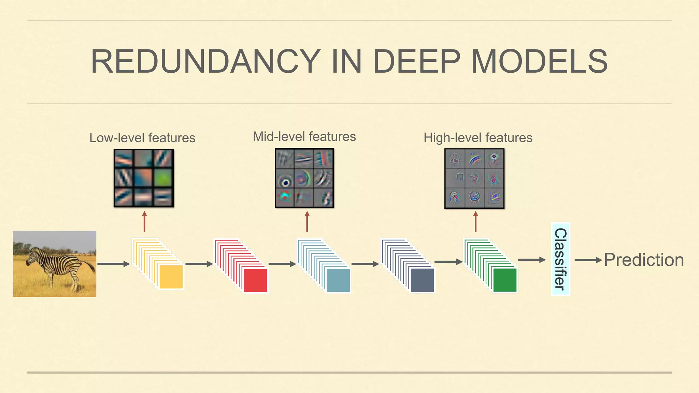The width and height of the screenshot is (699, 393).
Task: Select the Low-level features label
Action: pyautogui.click(x=142, y=138)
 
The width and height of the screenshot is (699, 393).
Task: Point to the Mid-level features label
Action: pyautogui.click(x=304, y=136)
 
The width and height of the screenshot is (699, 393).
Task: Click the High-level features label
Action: pyautogui.click(x=478, y=137)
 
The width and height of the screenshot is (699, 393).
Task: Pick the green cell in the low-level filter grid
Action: pyautogui.click(x=163, y=178)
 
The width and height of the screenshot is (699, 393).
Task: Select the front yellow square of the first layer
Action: pyautogui.click(x=171, y=277)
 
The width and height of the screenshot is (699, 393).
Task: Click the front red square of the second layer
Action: pyautogui.click(x=255, y=280)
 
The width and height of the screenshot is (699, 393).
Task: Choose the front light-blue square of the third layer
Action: pyautogui.click(x=338, y=280)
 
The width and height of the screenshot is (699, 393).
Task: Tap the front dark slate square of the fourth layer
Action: pyautogui.click(x=422, y=280)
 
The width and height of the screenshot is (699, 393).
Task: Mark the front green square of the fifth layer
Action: pyautogui.click(x=505, y=280)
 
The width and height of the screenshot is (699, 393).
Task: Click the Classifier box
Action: pyautogui.click(x=560, y=259)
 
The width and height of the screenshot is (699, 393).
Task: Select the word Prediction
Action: pyautogui.click(x=644, y=260)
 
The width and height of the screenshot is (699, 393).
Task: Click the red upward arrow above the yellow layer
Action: pyautogui.click(x=144, y=221)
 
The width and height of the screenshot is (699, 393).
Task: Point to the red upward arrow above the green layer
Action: pyautogui.click(x=475, y=221)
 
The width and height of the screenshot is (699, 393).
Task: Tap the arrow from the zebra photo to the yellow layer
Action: pyautogui.click(x=113, y=264)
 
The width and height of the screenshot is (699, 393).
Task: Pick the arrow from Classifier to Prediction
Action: pyautogui.click(x=588, y=260)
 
